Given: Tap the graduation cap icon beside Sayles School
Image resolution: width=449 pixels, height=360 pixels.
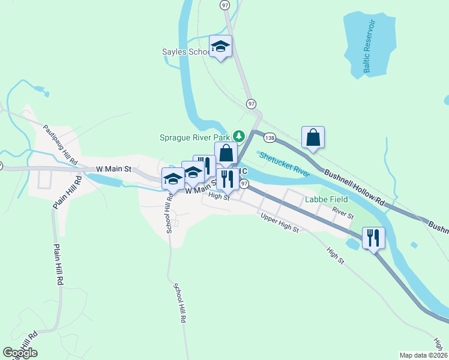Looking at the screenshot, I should tap(220, 46).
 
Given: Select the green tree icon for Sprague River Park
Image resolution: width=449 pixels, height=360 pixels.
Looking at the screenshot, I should tap(238, 136).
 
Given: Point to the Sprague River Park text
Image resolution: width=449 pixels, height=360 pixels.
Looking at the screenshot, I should tap(194, 137).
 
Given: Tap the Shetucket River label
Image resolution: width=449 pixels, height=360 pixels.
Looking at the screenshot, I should tap(285, 164).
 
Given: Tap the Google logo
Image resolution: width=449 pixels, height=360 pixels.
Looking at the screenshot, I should tap(20, 353).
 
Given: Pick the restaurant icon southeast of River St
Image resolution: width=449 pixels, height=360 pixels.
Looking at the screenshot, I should tap(373, 238).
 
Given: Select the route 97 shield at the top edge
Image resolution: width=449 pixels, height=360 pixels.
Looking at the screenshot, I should tap(224, 5).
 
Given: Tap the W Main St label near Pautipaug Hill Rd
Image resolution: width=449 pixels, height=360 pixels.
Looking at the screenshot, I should tap(109, 169).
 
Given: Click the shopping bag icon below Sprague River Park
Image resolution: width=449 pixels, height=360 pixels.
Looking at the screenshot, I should tap(226, 153).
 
